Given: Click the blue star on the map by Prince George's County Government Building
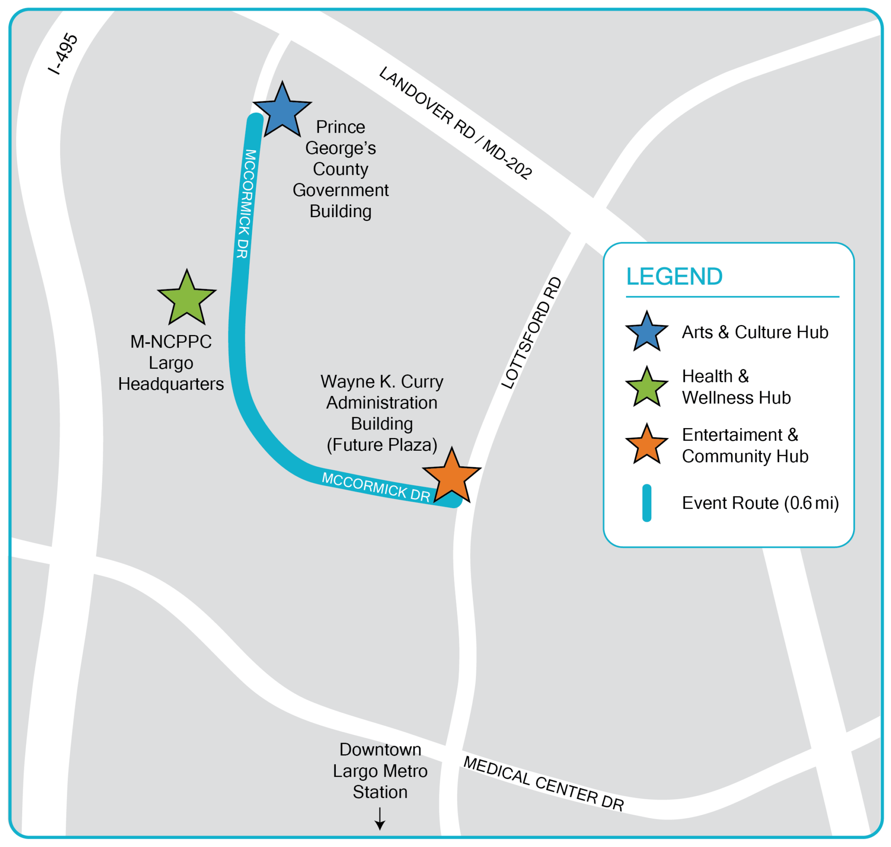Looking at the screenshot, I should [x=282, y=112].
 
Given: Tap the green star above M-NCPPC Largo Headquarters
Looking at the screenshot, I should [x=187, y=300].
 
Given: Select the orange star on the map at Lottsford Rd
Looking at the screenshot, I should [x=452, y=478].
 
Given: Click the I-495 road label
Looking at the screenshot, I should [x=63, y=54].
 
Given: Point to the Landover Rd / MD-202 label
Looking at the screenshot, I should [x=456, y=123].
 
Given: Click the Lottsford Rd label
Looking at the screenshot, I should [x=532, y=333].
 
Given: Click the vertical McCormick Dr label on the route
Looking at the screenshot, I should [x=246, y=204].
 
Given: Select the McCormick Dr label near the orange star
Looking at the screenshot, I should [x=376, y=487].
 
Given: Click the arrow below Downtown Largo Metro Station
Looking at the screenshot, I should [x=380, y=818].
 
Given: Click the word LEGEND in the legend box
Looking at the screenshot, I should [x=674, y=276].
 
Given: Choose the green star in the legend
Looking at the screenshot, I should [x=646, y=387].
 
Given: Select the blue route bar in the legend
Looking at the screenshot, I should [x=646, y=503].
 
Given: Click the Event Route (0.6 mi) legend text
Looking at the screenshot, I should [x=760, y=503].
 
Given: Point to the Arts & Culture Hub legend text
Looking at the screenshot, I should [x=755, y=332].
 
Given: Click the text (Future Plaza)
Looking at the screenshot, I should [x=382, y=445].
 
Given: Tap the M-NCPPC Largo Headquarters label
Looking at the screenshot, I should [x=171, y=362].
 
